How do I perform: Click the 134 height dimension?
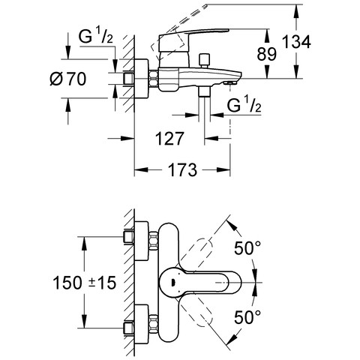296,42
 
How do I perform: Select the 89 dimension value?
267,54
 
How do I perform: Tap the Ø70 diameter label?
68,79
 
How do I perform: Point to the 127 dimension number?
169,138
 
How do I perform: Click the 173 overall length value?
182,169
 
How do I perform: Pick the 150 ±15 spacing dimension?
85,283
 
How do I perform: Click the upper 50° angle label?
247,248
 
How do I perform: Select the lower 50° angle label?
247,317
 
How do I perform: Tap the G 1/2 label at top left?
96,36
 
